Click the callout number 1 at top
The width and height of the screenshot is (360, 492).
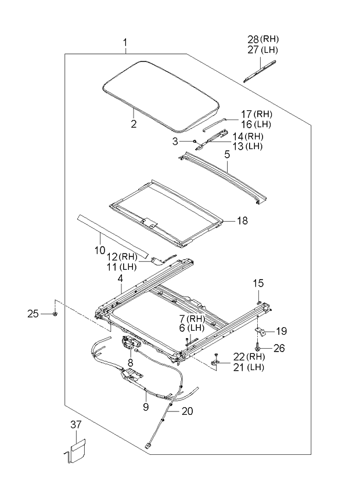point(125,43)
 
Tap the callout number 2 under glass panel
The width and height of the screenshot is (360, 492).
point(133,124)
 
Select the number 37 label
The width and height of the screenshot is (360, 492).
point(77,425)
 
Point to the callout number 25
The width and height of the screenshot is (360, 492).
point(34,314)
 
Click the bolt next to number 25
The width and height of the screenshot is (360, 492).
point(54,314)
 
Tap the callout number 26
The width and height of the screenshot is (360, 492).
point(280,348)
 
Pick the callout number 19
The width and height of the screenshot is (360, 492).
point(281,331)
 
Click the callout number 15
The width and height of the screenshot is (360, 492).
point(258,283)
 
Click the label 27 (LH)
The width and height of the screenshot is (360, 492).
point(262,50)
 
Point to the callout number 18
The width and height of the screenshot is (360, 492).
point(242,220)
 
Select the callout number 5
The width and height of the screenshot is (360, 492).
point(227,155)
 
